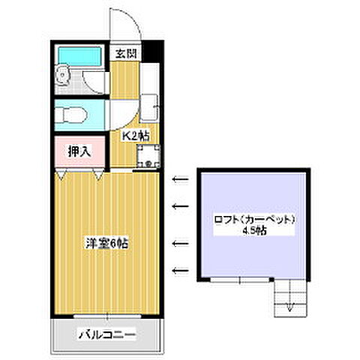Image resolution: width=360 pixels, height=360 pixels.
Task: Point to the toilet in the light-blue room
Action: pyautogui.click(x=74, y=115)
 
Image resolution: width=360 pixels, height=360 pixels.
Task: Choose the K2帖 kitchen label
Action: pyautogui.click(x=136, y=136)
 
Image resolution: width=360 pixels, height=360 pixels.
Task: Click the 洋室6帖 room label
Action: pyautogui.click(x=105, y=243)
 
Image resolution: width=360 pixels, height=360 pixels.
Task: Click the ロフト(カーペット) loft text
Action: pyautogui.click(x=252, y=220)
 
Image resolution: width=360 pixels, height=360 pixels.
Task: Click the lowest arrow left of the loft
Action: pyautogui.click(x=179, y=270)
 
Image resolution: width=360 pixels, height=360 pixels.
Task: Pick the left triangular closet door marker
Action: pyautogui.click(x=61, y=174)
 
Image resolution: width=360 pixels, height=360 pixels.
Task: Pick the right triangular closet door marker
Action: pyautogui.click(x=99, y=174)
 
